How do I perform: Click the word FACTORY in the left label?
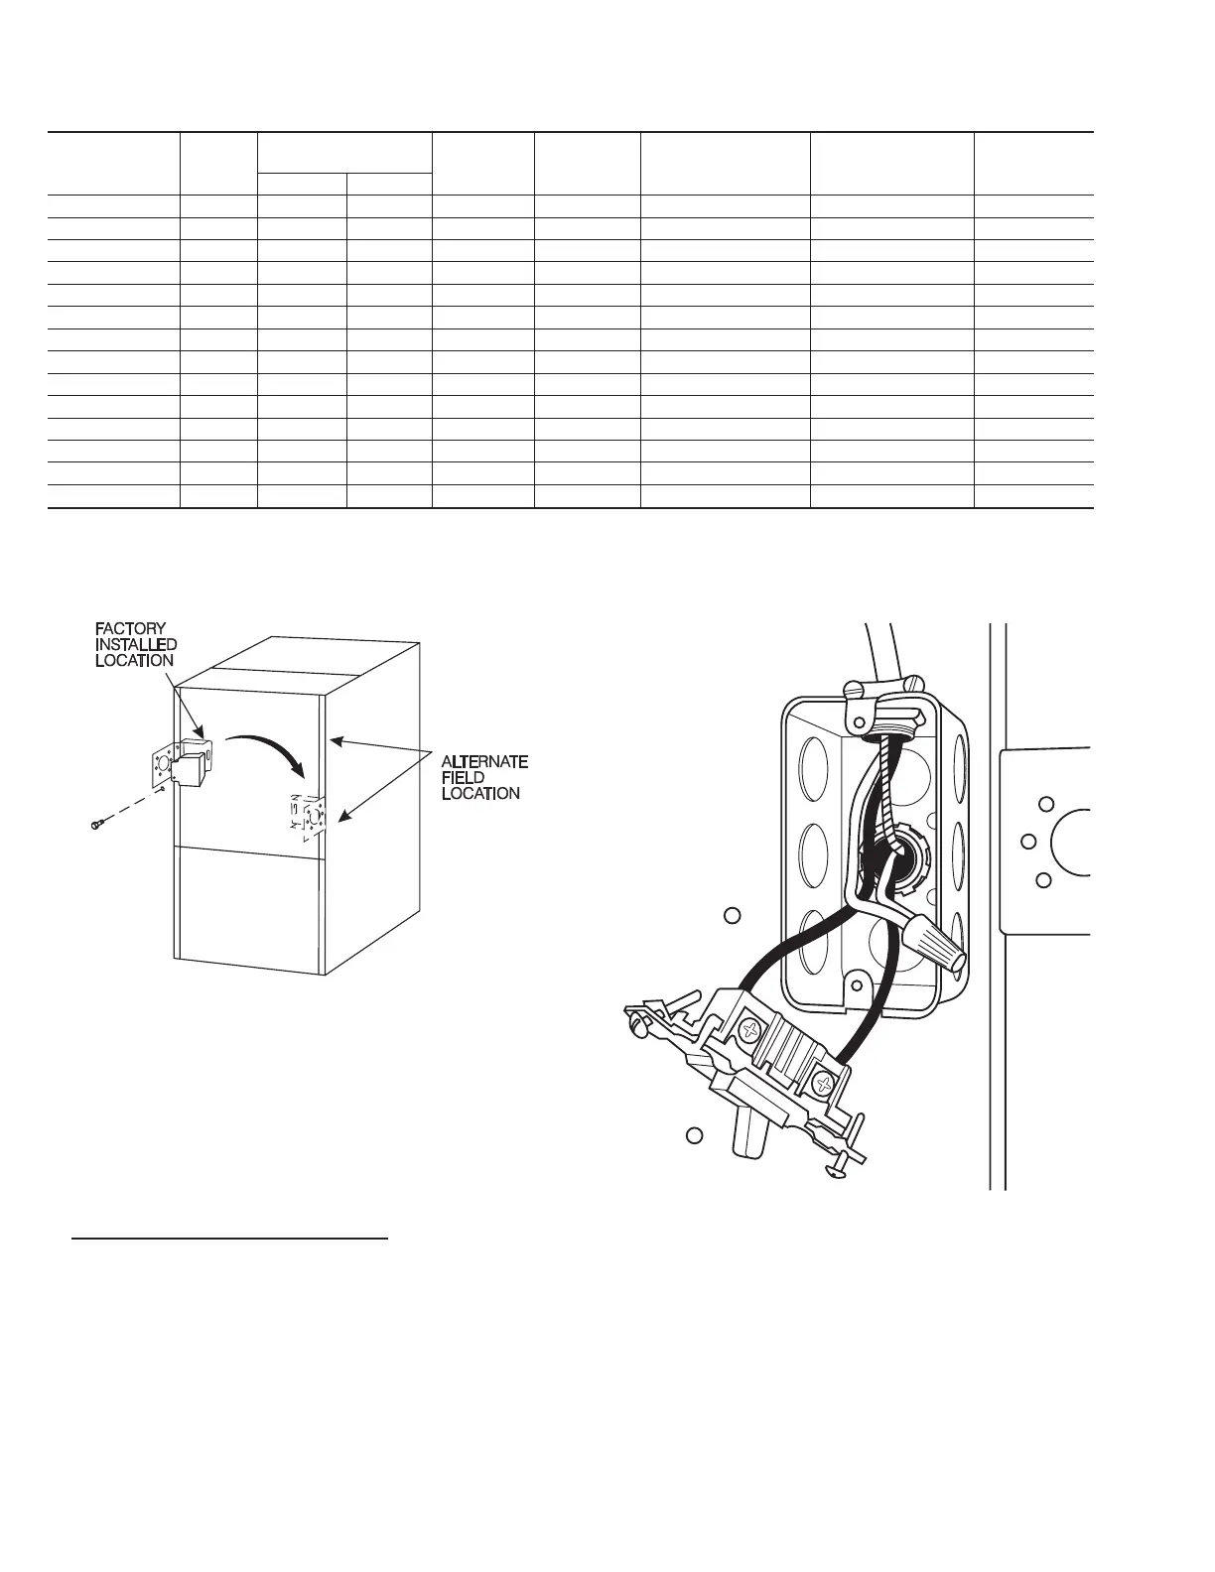click(131, 628)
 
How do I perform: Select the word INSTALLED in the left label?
click(136, 644)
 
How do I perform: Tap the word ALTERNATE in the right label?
click(484, 761)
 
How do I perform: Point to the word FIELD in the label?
click(463, 777)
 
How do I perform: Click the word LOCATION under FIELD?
click(480, 793)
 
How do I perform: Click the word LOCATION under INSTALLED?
click(134, 660)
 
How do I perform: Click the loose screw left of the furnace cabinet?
click(96, 824)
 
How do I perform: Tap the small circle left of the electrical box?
click(733, 915)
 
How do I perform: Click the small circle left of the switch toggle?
click(696, 1135)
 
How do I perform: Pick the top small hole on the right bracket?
click(1044, 804)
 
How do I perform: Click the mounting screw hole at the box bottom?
click(853, 986)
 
